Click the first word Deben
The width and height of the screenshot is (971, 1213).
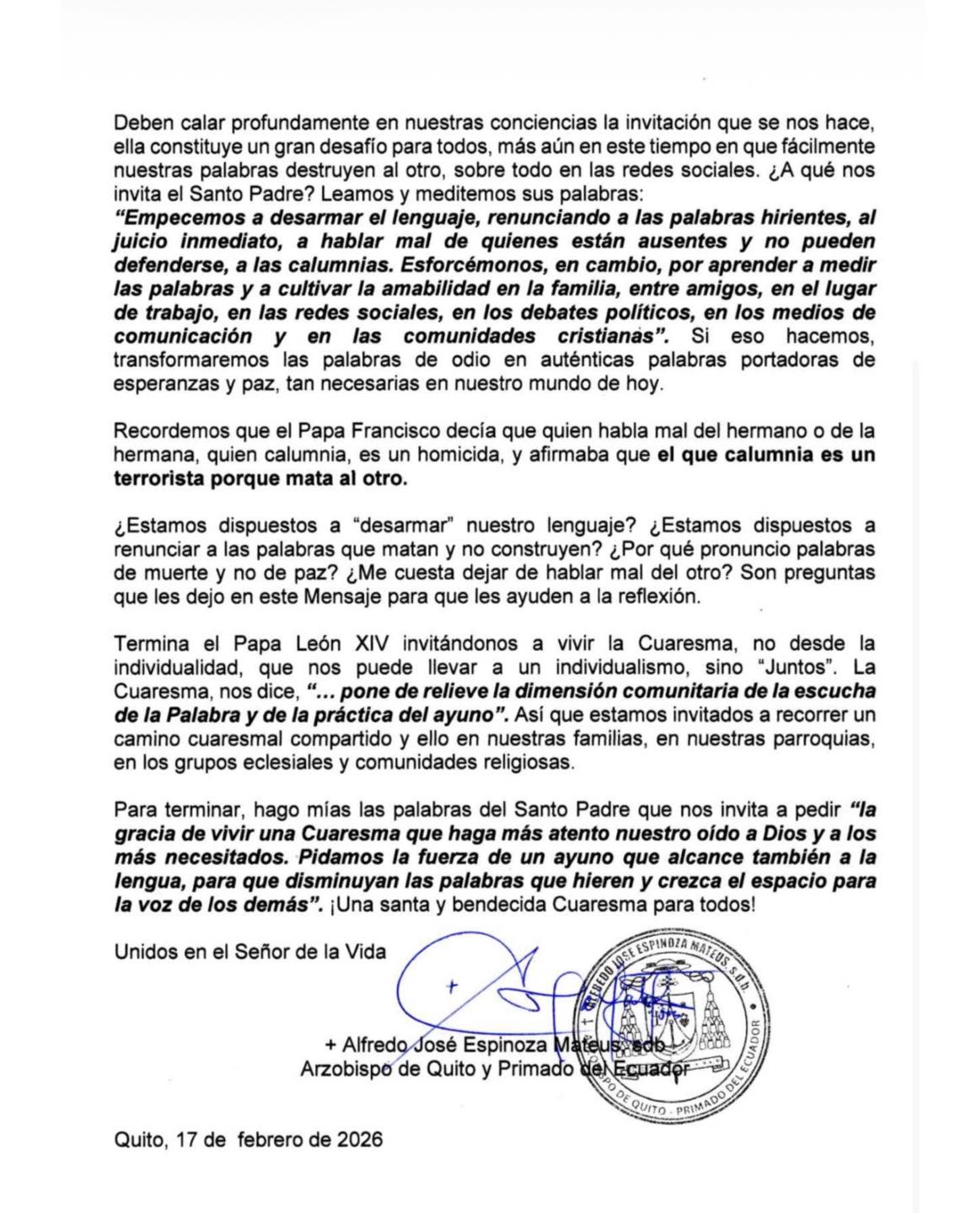point(142,122)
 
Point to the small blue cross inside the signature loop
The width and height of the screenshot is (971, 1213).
point(453,986)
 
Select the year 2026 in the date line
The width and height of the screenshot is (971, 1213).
point(360,1140)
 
